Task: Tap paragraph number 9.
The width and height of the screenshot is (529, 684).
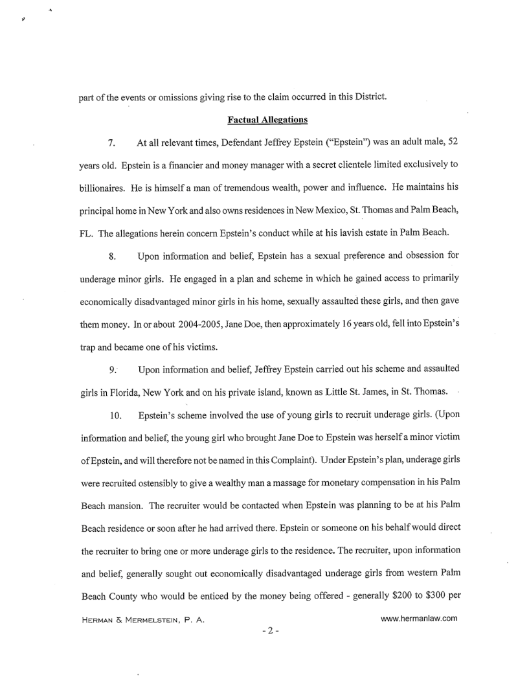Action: click(113, 369)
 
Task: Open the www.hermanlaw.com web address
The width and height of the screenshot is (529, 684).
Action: click(420, 618)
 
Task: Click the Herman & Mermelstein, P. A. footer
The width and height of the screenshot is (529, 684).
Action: click(142, 620)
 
